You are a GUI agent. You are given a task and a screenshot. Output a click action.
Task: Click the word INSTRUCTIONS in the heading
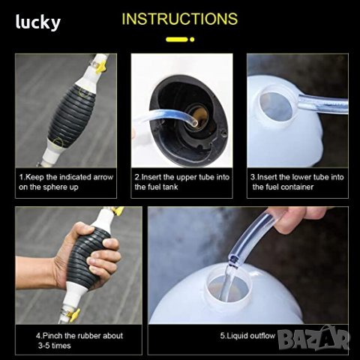pyautogui.click(x=180, y=19)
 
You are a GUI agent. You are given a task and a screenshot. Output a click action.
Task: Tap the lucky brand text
pyautogui.click(x=38, y=22)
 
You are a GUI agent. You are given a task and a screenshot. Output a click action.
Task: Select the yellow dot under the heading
pyautogui.click(x=192, y=39)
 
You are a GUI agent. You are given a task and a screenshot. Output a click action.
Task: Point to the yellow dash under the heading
pyautogui.click(x=177, y=39)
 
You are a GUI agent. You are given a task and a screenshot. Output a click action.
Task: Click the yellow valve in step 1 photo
pyautogui.click(x=100, y=67)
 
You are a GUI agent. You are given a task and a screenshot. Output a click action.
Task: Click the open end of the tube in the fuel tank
pyautogui.click(x=194, y=123)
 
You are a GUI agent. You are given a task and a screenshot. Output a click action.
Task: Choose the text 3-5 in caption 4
pyautogui.click(x=44, y=346)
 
